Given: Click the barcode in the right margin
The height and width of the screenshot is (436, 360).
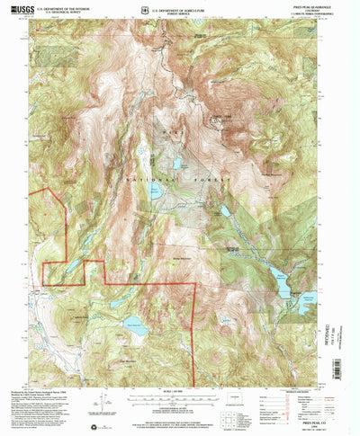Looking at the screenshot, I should [342, 346].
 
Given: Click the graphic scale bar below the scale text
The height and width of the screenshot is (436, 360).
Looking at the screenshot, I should [176, 402].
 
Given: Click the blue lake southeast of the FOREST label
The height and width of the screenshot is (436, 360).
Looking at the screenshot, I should [225, 212].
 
